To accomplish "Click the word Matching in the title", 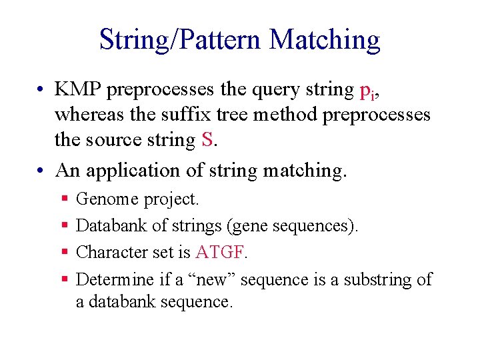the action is [325, 40].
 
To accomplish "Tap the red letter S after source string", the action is [207, 140].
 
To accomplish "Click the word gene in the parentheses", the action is [249, 226].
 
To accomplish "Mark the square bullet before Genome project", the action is [65, 199].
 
